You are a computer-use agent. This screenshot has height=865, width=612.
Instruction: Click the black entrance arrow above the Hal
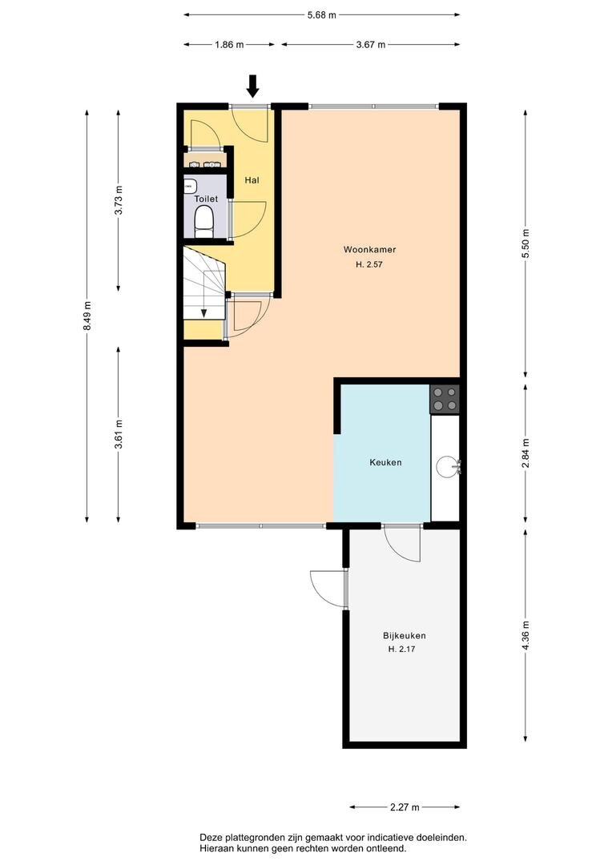point(253,86)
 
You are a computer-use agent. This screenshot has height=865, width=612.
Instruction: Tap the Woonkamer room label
point(370,250)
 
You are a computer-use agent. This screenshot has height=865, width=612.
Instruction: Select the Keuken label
point(385,462)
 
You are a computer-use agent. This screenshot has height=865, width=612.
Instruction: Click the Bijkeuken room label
point(404,635)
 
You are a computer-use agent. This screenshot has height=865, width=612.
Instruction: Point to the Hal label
point(252,180)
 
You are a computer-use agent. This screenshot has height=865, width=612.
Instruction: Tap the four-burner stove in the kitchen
point(445,400)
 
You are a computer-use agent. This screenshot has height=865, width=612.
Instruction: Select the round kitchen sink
point(448,467)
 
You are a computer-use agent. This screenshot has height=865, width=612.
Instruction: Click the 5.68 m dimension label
point(322,15)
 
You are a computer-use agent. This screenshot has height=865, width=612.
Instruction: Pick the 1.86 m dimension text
point(229,45)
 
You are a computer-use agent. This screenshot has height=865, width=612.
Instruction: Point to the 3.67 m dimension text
point(371,45)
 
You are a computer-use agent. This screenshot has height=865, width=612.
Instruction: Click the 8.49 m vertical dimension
point(87,316)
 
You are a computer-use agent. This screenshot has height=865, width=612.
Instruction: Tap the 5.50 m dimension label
point(525,243)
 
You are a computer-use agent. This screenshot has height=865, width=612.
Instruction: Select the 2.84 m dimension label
point(525,453)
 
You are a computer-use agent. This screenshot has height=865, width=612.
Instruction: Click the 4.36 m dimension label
point(525,635)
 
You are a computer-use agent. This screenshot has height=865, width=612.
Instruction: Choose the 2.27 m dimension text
point(405,807)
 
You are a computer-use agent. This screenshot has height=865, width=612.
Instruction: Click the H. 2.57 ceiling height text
point(369,264)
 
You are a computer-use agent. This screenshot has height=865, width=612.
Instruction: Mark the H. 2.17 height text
point(402,650)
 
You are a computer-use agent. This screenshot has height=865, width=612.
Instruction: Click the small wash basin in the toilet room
point(191,185)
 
